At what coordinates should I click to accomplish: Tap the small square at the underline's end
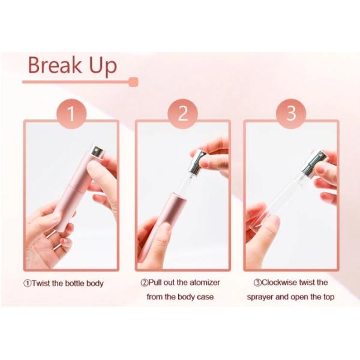(x=134, y=82)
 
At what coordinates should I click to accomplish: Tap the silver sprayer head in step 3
(x=314, y=162)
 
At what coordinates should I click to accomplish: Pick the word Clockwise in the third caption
(x=283, y=283)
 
